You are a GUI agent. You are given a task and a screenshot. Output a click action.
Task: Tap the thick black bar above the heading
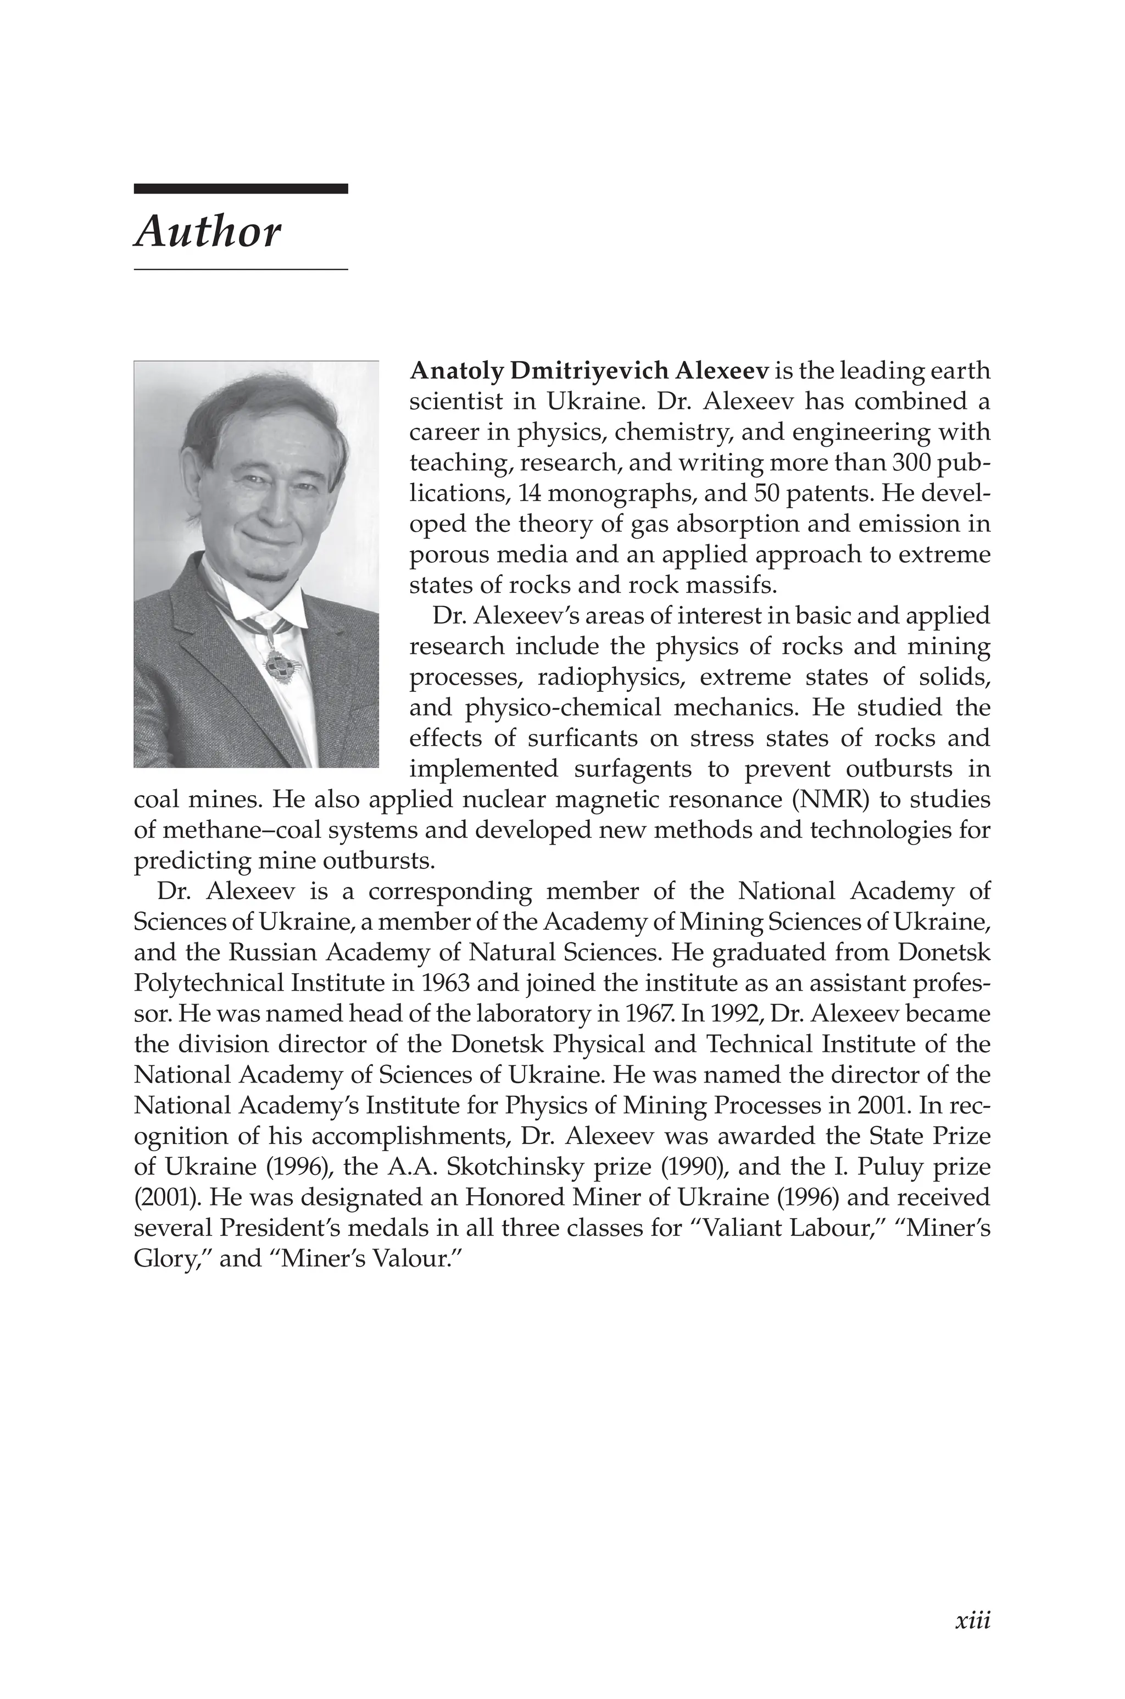click(241, 188)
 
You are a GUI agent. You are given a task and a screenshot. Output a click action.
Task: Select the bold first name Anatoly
click(456, 371)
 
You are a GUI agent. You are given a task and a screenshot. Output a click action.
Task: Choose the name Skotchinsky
click(513, 1167)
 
